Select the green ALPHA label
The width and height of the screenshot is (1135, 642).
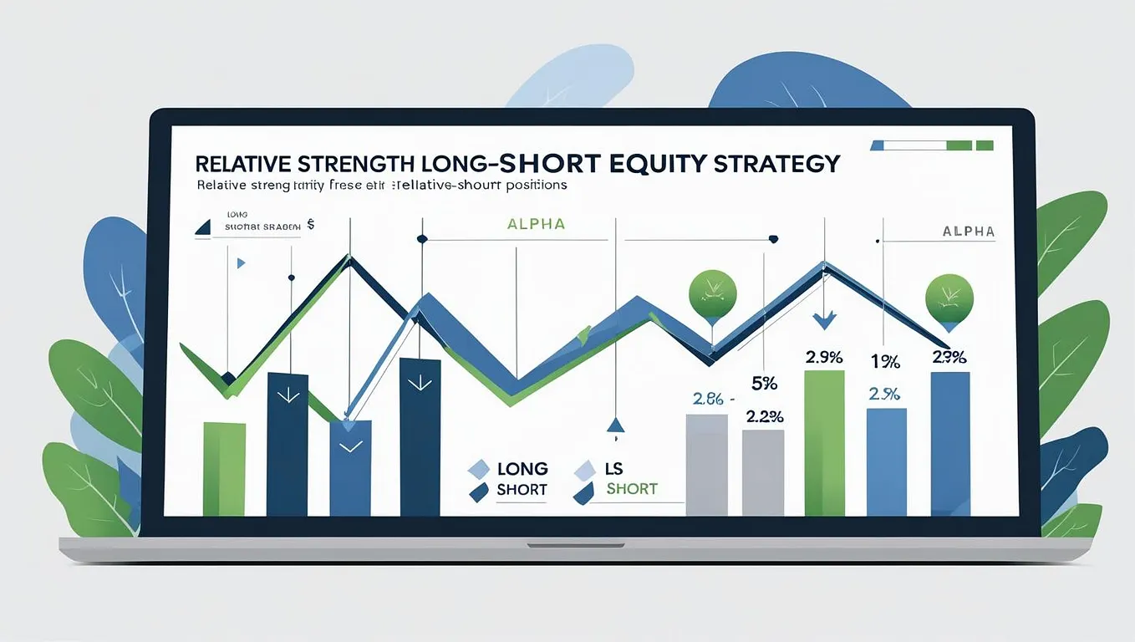tap(536, 224)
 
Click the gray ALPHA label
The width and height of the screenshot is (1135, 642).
tap(968, 232)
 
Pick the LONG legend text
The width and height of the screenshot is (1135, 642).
tap(522, 468)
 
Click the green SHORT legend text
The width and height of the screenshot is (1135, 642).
tap(632, 489)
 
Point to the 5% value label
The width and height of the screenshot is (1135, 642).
tap(764, 384)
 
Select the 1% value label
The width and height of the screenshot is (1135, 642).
tap(885, 362)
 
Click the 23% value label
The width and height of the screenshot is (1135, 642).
tap(949, 357)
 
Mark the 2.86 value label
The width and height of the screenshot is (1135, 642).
tap(708, 399)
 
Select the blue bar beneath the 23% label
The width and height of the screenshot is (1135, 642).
tap(950, 443)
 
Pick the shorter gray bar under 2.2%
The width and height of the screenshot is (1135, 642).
tap(762, 472)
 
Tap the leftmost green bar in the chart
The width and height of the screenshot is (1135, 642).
tap(224, 468)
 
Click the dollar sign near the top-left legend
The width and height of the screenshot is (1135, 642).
tap(311, 225)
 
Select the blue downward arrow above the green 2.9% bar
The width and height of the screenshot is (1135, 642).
tap(825, 318)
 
